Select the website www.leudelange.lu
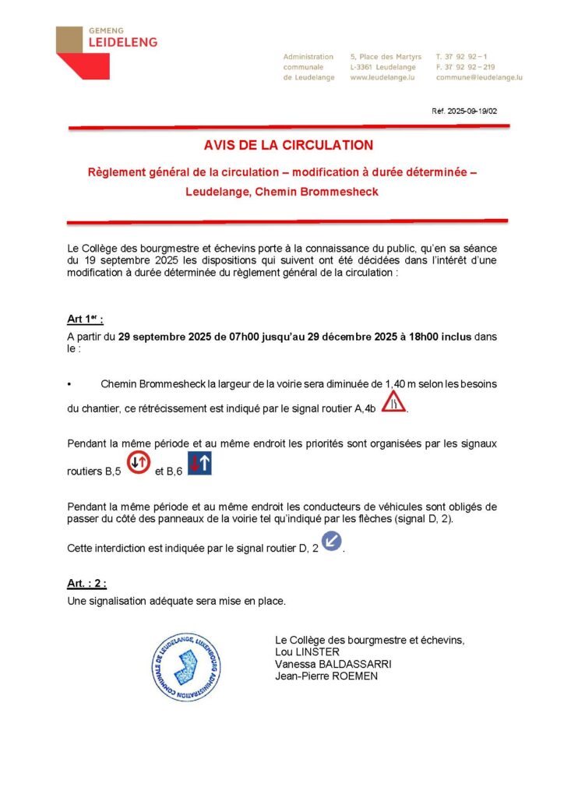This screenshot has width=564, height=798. pos(381,78)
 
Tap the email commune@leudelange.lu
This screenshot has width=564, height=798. pos(479,78)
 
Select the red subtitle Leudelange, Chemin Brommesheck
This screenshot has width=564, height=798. pos(281,192)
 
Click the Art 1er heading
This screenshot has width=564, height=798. pos(85,320)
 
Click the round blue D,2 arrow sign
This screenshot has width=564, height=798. pos(332,540)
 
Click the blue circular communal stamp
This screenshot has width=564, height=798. pos(186,667)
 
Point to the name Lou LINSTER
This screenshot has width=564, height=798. pos(307,651)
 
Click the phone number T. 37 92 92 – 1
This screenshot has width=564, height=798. pos(462,57)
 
